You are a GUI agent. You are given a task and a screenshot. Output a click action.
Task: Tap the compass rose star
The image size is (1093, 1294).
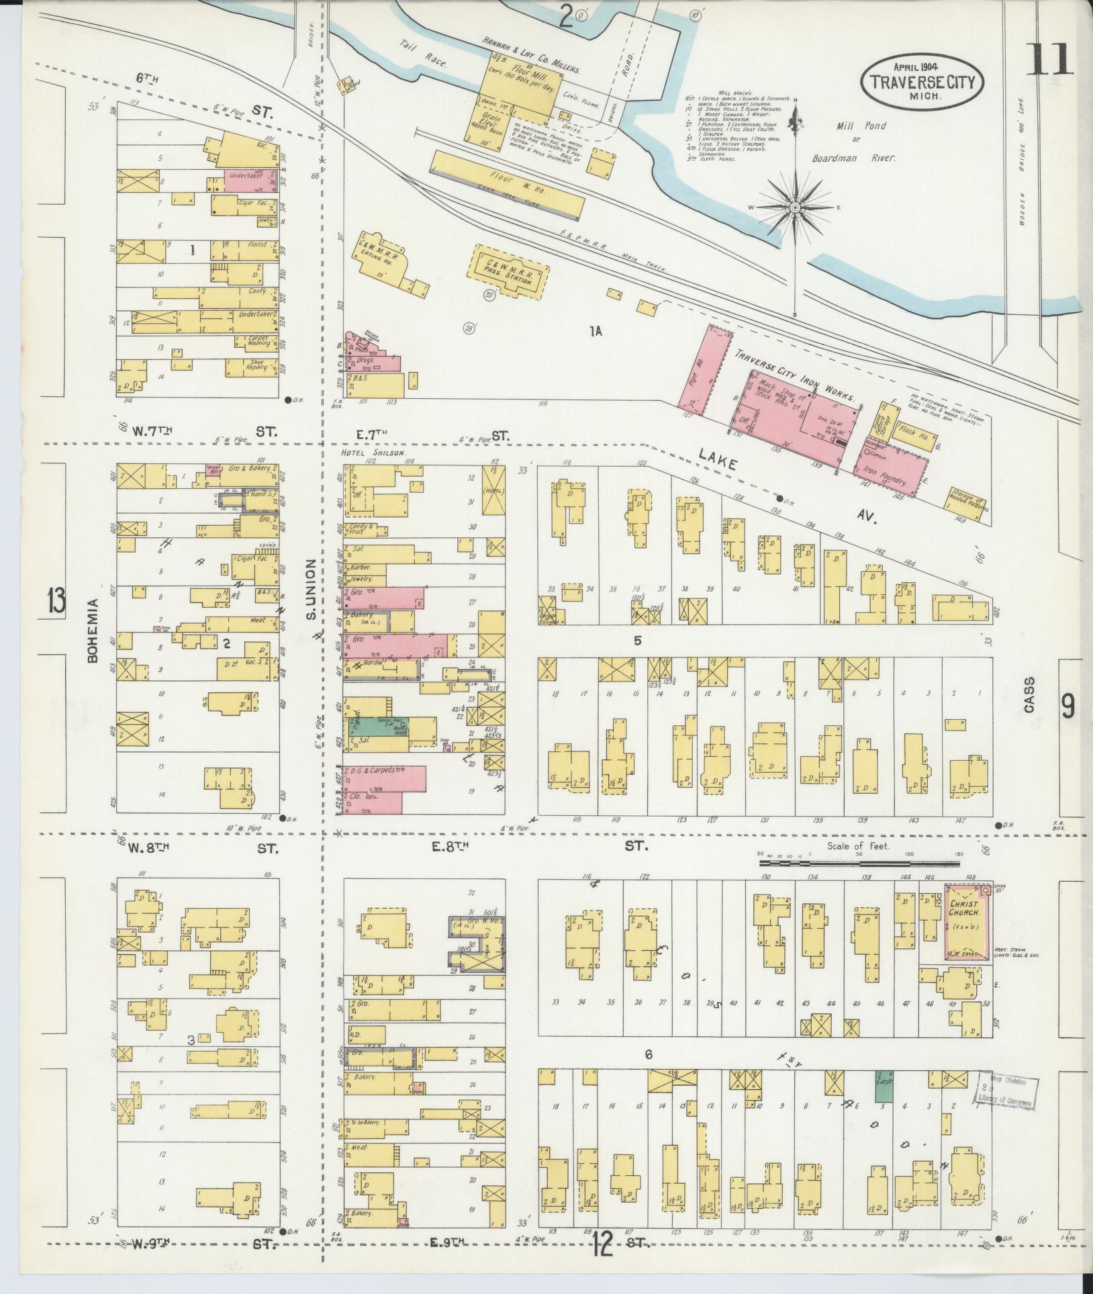[795, 207]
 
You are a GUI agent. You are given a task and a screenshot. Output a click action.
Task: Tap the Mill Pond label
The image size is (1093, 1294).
[861, 126]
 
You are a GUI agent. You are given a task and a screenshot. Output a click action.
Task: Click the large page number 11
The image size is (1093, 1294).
[1051, 59]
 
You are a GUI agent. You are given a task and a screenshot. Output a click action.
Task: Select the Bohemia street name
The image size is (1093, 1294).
[93, 631]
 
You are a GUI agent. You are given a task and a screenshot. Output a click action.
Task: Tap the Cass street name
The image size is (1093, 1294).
[1030, 695]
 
